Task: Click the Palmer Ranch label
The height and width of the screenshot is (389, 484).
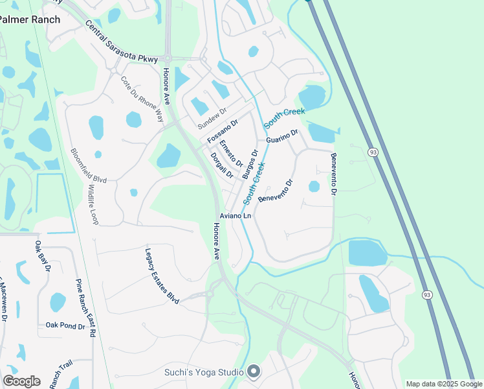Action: coord(30,19)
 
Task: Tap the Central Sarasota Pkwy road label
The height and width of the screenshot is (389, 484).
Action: coord(121,42)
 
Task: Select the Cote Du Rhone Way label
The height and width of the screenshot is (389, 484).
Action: coord(143,99)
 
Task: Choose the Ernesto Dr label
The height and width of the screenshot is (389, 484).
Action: coord(231,154)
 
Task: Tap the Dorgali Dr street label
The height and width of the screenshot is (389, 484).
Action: coord(222,165)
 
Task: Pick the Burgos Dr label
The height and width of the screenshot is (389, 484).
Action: coord(250,165)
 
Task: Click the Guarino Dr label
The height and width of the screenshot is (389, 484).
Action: coord(281,138)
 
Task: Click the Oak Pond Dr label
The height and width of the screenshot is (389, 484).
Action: coord(65,326)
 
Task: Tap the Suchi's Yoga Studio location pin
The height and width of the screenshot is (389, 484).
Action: coord(254,371)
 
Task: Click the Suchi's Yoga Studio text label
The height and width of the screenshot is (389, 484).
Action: coord(203,372)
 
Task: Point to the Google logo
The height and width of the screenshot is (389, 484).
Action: coord(22,381)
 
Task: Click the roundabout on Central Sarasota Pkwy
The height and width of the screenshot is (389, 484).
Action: coord(168,58)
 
